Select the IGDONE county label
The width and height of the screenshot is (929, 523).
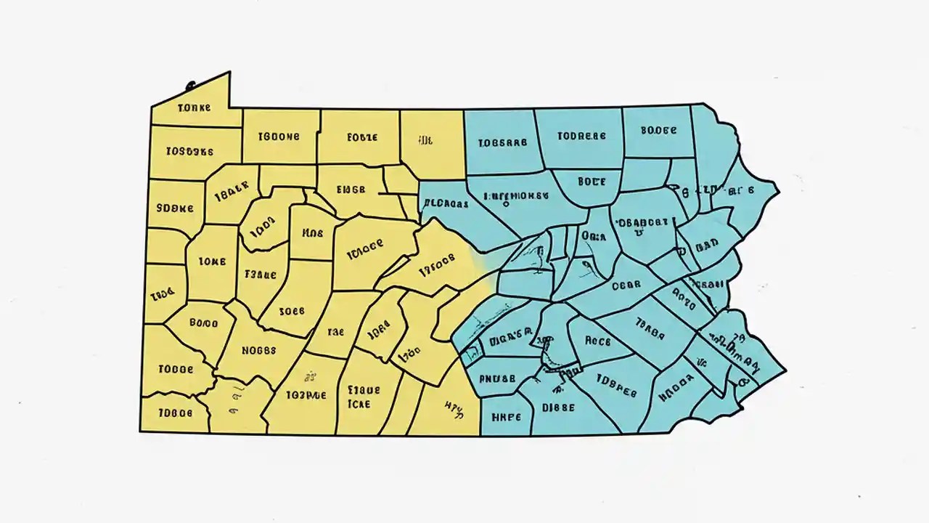tap(279, 136)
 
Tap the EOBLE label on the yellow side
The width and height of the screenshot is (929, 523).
tap(362, 136)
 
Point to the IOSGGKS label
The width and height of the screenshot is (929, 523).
tap(189, 152)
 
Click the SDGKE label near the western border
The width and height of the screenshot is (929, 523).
tap(175, 207)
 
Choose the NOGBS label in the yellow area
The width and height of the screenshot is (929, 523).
tap(259, 350)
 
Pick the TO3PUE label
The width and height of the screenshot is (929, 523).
tap(306, 395)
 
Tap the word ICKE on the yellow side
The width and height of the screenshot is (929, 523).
tap(359, 403)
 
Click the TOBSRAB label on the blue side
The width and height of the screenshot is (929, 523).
tap(503, 143)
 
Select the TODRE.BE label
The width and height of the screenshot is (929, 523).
tap(581, 135)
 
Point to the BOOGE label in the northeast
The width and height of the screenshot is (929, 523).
tap(659, 131)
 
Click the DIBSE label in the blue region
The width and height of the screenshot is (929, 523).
tap(558, 408)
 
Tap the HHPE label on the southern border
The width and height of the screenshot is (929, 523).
tap(507, 417)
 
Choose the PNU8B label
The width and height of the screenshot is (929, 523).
tap(497, 378)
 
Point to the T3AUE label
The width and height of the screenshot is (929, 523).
tap(261, 275)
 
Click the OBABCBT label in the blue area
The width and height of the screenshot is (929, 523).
tap(642, 223)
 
